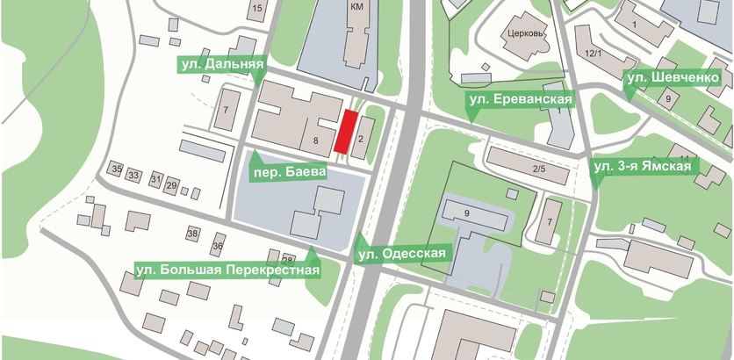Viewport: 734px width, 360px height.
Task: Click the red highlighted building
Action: [348, 131]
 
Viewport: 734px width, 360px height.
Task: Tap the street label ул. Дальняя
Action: [223, 64]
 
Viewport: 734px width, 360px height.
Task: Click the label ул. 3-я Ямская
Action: [643, 166]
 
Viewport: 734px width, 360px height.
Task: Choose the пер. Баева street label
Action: [289, 174]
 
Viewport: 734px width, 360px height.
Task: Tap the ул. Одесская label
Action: [402, 254]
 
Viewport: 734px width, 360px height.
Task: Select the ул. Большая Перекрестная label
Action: [226, 270]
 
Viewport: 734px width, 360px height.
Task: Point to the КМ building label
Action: [356, 7]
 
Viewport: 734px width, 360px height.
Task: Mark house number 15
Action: [256, 9]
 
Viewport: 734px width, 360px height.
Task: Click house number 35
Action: [116, 168]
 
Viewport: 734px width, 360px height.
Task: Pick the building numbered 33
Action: [134, 176]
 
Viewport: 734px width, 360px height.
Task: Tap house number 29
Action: [172, 185]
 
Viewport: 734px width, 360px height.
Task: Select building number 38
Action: [193, 234]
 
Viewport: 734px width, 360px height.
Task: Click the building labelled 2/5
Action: [538, 169]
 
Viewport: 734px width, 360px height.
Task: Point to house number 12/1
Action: [593, 54]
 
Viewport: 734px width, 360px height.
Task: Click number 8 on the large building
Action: [313, 140]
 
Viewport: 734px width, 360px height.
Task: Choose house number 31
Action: [155, 180]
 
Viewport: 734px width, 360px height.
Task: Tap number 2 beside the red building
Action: [360, 137]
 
